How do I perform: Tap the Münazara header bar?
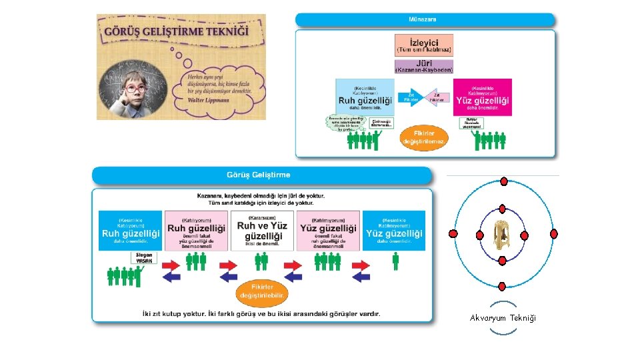(425, 20)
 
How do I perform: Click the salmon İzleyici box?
(423, 45)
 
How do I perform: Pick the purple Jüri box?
(423, 67)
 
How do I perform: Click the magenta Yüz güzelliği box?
(483, 97)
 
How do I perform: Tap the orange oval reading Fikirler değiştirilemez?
(425, 138)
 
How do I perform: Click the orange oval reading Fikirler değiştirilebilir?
(261, 291)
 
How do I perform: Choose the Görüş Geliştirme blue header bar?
(261, 175)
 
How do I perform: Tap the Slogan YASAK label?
(145, 259)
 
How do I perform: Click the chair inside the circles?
(502, 234)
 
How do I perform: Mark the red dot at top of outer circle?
(503, 181)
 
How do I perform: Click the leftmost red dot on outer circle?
(453, 234)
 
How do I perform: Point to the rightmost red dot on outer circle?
(553, 234)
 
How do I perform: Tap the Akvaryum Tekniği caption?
(503, 319)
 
